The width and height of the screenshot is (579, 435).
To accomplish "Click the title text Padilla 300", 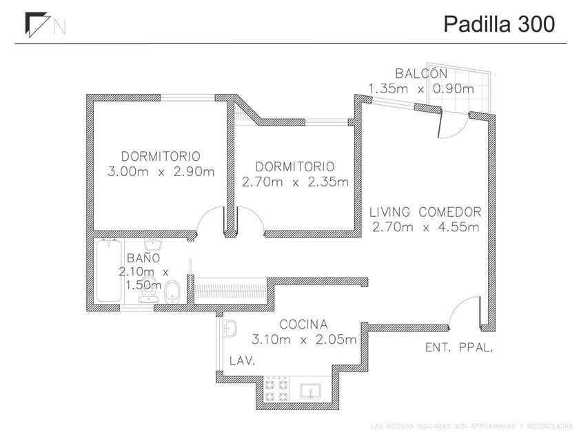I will [x=498, y=24].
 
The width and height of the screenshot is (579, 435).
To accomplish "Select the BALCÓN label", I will [x=421, y=74].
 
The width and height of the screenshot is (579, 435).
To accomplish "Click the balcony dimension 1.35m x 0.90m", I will [x=421, y=88].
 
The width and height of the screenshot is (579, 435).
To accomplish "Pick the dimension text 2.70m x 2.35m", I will [x=295, y=183].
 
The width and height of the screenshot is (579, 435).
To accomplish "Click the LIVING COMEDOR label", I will [x=425, y=212].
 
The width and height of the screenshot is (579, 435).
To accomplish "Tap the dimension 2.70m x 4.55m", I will [x=425, y=227].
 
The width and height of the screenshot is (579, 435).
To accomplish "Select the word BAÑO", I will [x=143, y=258].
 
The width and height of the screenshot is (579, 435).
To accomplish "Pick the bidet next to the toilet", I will [x=174, y=292].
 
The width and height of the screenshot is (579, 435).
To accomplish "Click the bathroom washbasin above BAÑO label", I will [x=152, y=246].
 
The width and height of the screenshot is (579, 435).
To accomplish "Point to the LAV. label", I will [x=243, y=360].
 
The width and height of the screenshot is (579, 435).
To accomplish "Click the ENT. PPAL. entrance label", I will [x=459, y=349].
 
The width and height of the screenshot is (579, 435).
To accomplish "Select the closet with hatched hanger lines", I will [x=230, y=289].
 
